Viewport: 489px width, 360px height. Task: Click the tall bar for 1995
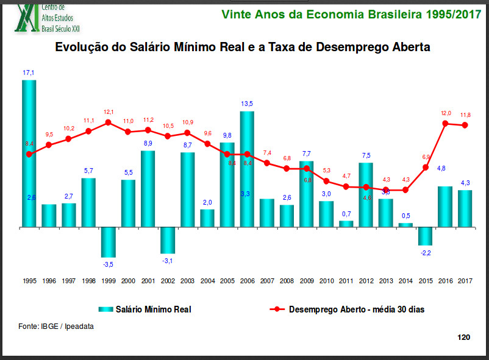click(x=29, y=152)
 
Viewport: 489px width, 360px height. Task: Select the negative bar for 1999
click(x=109, y=242)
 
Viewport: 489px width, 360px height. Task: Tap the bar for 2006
click(x=247, y=169)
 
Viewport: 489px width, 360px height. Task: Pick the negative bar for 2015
click(x=426, y=236)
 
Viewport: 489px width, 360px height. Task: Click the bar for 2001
click(x=148, y=188)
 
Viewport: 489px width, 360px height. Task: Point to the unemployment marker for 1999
click(x=109, y=122)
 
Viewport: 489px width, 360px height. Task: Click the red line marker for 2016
click(x=446, y=124)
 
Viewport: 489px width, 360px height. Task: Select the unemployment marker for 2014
click(x=406, y=190)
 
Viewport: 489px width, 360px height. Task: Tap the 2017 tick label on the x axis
click(x=465, y=281)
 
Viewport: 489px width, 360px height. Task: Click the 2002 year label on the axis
click(x=168, y=281)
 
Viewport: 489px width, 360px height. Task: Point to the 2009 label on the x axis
click(x=307, y=281)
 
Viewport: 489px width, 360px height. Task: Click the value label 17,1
click(x=29, y=73)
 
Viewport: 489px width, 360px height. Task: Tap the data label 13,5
click(x=247, y=104)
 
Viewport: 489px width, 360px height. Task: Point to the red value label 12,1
click(x=109, y=112)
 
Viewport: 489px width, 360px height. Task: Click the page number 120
click(x=463, y=337)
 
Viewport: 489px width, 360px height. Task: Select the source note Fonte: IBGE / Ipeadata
click(x=56, y=326)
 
